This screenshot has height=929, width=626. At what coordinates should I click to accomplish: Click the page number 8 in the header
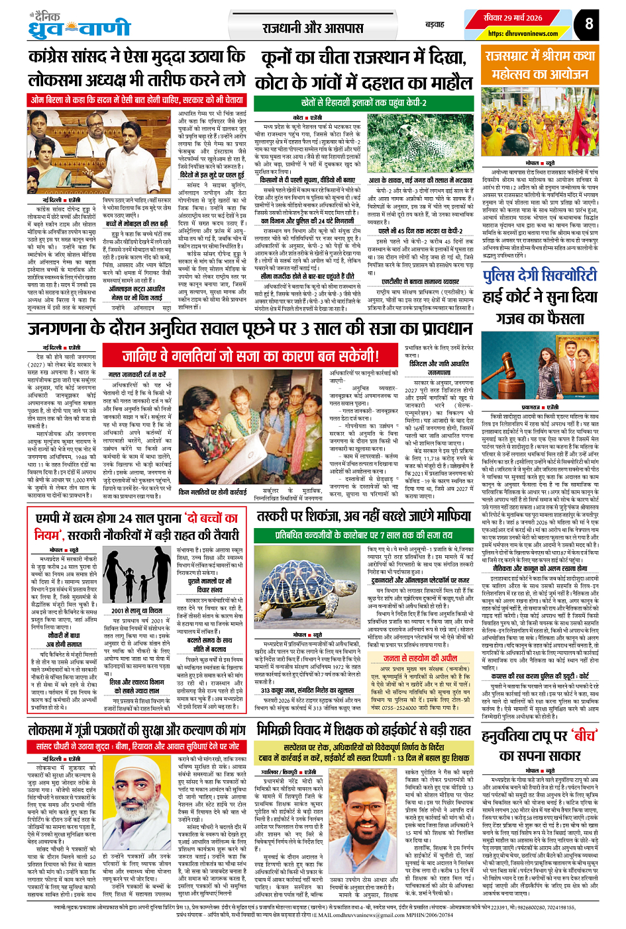(588, 25)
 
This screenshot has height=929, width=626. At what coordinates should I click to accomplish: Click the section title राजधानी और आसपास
(313, 28)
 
